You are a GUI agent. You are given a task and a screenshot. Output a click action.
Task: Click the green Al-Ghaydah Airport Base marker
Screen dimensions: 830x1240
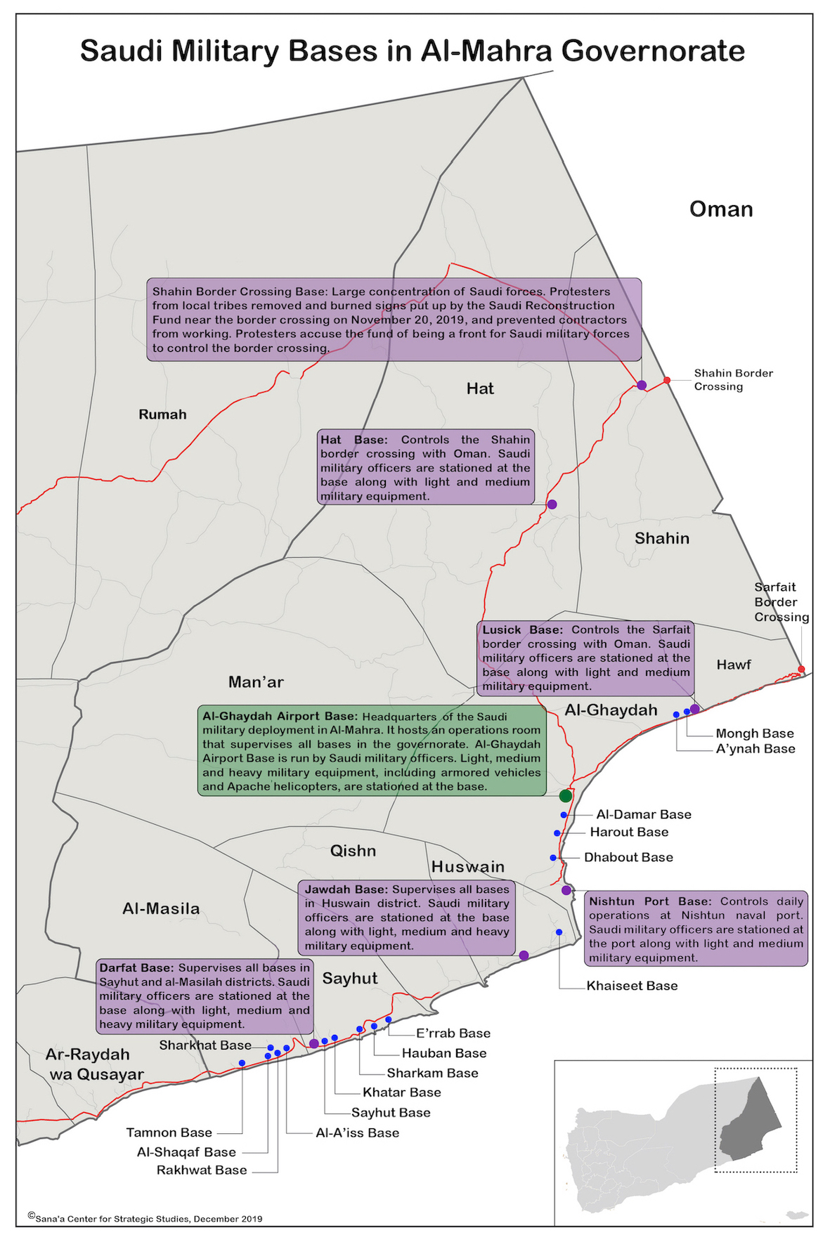[x=566, y=796]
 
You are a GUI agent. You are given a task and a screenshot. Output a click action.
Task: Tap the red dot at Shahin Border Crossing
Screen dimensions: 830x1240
[x=667, y=380]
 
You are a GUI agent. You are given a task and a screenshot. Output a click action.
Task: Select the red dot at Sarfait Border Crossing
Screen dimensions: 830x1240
[x=801, y=669]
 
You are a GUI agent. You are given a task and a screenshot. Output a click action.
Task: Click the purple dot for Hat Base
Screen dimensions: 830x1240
[x=552, y=504]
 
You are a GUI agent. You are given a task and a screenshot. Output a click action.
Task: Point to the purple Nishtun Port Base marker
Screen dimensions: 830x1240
[x=566, y=890]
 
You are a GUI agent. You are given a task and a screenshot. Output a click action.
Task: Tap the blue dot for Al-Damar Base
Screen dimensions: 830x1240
[x=564, y=815]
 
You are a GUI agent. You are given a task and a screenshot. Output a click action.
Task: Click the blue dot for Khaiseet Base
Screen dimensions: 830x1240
[x=559, y=932]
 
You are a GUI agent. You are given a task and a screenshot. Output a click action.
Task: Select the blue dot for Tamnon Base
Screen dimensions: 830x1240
[x=242, y=1063]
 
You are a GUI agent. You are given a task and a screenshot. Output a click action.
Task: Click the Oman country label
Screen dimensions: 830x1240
[x=721, y=209]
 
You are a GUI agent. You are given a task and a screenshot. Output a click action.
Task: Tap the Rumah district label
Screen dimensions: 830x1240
[x=162, y=415]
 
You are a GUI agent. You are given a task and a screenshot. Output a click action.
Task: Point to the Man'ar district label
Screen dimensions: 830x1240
[x=256, y=682]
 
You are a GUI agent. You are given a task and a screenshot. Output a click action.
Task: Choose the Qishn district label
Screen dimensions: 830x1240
[x=353, y=851]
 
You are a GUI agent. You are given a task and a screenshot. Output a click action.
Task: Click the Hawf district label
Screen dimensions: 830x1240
[x=734, y=665]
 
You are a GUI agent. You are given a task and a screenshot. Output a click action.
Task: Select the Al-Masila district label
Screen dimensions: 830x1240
[x=161, y=908]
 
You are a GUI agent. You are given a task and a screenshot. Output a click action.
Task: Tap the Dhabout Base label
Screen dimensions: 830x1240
[x=628, y=857]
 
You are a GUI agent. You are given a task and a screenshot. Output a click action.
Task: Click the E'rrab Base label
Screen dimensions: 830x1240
[x=453, y=1033]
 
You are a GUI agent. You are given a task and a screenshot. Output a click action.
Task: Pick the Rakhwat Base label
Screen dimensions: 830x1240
[x=202, y=1170]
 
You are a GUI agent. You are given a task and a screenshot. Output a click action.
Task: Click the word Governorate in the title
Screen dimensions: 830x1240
[x=653, y=51]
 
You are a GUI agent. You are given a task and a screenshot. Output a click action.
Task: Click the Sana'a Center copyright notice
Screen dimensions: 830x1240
[x=145, y=1218]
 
